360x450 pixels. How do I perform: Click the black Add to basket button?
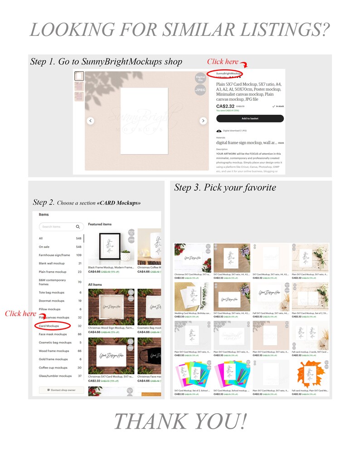pyautogui.click(x=250, y=118)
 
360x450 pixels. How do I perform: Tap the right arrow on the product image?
pyautogui.click(x=203, y=121)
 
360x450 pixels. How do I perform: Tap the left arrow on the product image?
pyautogui.click(x=91, y=121)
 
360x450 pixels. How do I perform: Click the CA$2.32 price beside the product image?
pyautogui.click(x=225, y=106)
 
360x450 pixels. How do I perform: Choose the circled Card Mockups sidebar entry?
pyautogui.click(x=49, y=326)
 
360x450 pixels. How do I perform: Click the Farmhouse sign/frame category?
pyautogui.click(x=54, y=255)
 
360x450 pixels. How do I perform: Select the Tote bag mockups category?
pyautogui.click(x=52, y=293)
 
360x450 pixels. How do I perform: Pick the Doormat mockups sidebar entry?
pyautogui.click(x=52, y=301)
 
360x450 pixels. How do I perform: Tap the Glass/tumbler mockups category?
pyautogui.click(x=55, y=376)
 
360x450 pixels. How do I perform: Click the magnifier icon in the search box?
pyautogui.click(x=78, y=227)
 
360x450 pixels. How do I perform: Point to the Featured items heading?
pyautogui.click(x=100, y=224)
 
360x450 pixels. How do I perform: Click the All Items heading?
pyautogui.click(x=95, y=284)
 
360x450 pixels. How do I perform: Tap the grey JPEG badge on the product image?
pyautogui.click(x=200, y=90)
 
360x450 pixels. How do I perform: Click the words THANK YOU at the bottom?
pyautogui.click(x=180, y=421)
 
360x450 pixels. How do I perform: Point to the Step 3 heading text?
pyautogui.click(x=225, y=187)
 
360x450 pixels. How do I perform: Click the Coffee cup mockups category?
pyautogui.click(x=53, y=367)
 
